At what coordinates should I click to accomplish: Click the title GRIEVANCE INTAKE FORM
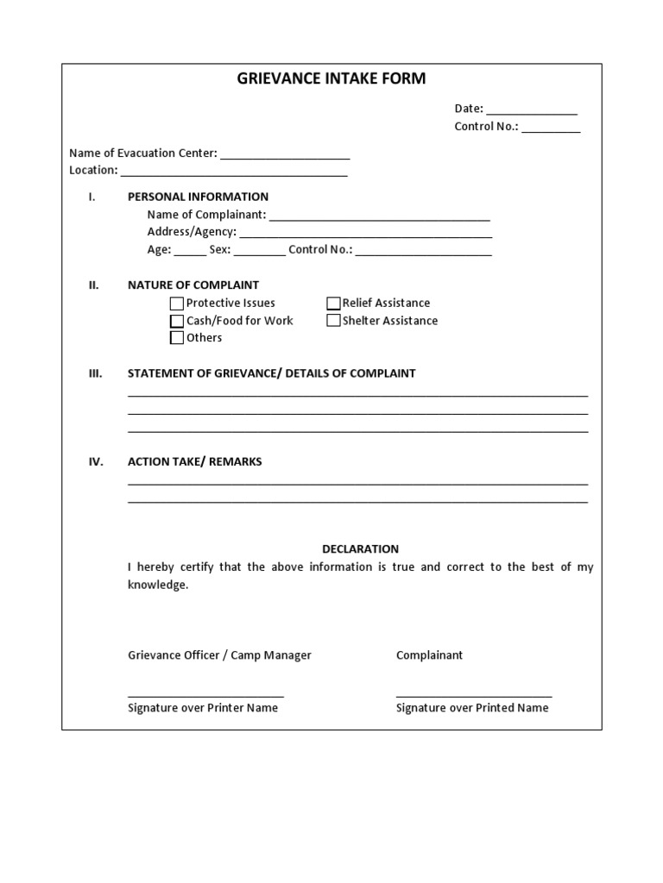tap(331, 79)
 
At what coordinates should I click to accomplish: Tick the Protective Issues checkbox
tap(177, 304)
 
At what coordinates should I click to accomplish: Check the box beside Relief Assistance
tap(333, 304)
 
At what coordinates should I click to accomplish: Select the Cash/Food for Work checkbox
tap(177, 321)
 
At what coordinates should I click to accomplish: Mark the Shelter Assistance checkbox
tap(333, 321)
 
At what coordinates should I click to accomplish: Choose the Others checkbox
tap(177, 338)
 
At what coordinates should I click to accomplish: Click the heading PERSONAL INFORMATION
tap(198, 197)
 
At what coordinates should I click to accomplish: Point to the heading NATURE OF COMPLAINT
tap(193, 285)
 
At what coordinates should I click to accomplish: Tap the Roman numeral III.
tap(95, 373)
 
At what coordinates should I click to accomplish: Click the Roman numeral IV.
tap(95, 461)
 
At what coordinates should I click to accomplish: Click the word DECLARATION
tap(360, 549)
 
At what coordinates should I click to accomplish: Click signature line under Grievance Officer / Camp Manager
tap(205, 694)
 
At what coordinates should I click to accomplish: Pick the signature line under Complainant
tap(474, 694)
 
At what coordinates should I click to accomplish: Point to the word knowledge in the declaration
tap(157, 585)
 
